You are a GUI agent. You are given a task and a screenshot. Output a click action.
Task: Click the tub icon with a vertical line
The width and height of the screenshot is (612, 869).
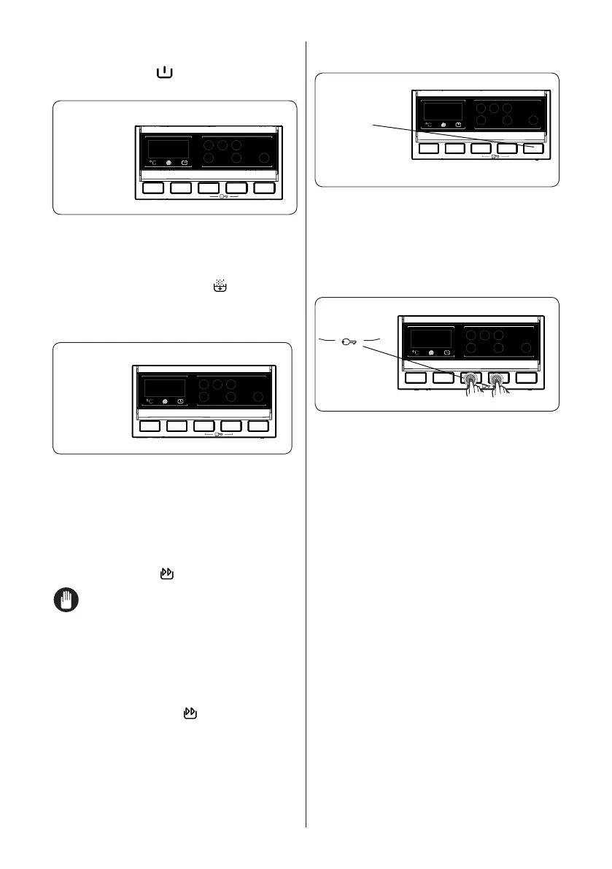(x=163, y=74)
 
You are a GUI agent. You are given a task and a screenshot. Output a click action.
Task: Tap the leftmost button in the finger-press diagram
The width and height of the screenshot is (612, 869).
(x=416, y=378)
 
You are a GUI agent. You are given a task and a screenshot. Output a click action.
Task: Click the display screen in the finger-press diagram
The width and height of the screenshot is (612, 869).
(x=431, y=338)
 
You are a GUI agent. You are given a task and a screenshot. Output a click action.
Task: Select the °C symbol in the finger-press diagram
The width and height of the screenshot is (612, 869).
(x=414, y=352)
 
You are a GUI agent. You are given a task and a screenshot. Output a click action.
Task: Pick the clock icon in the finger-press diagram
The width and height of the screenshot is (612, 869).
(x=448, y=352)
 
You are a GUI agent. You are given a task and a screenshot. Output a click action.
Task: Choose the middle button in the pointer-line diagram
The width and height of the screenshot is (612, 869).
(x=481, y=148)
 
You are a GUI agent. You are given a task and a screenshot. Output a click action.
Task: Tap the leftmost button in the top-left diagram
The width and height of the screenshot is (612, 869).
(x=153, y=188)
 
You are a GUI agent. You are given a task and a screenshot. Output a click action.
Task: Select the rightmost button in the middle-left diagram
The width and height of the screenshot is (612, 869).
(x=258, y=426)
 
